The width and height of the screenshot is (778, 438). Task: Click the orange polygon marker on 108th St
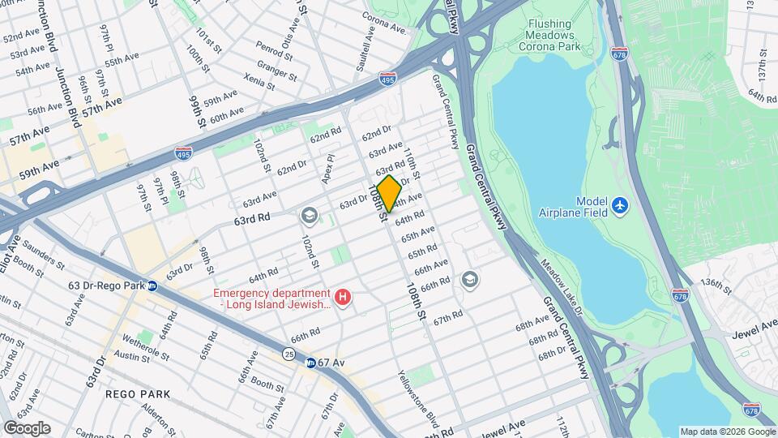click(389, 194)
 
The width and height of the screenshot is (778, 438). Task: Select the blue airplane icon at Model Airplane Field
click(621, 206)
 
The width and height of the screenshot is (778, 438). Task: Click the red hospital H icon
click(343, 298)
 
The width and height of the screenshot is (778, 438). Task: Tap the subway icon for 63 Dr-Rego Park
click(152, 286)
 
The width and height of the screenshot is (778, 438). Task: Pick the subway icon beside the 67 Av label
click(310, 363)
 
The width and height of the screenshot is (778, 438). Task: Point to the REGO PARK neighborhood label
click(138, 394)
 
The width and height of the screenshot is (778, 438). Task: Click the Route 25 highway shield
click(289, 353)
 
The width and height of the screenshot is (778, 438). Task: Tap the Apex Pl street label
click(329, 169)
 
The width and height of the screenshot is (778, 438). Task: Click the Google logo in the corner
click(27, 428)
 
